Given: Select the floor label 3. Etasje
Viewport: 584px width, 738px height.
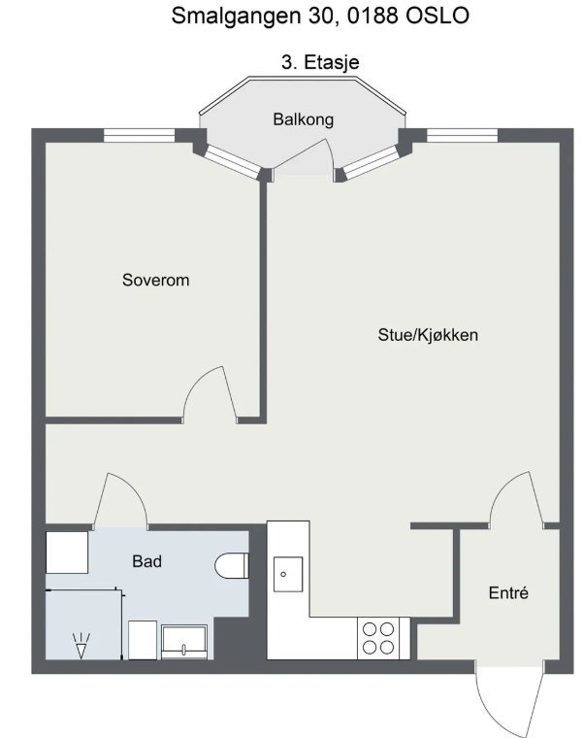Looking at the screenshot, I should coord(320,62).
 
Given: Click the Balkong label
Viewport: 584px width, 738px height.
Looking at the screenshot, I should coord(303,120).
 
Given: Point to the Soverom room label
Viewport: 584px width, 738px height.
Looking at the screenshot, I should coord(155,281).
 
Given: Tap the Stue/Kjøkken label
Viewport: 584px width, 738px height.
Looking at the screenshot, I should coord(429,336).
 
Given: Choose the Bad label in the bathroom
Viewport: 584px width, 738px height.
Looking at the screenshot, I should coord(146,561).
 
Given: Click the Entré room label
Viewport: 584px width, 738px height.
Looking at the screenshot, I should coord(508,593).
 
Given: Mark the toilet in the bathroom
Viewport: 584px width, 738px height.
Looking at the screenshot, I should coord(233,565).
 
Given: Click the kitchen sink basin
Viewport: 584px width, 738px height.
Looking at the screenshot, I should coord(286,574).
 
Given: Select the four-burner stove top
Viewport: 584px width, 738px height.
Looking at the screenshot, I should coord(378,638).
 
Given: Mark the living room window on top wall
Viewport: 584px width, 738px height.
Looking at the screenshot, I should coord(462,135).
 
